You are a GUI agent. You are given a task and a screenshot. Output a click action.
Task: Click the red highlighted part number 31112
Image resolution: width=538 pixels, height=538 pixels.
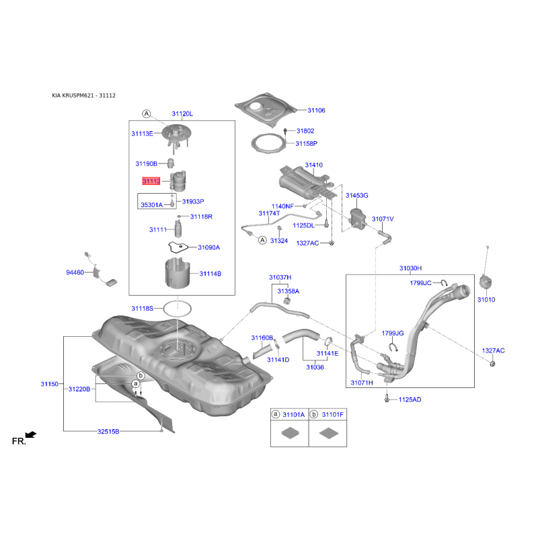click(x=151, y=181)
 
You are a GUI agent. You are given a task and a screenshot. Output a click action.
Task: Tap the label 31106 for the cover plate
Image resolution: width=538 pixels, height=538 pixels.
click(x=316, y=110)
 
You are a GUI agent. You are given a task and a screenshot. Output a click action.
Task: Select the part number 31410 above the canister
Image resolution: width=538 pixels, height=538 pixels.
click(x=313, y=165)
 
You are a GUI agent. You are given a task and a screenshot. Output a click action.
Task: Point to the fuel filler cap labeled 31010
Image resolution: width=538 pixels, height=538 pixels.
click(x=486, y=283)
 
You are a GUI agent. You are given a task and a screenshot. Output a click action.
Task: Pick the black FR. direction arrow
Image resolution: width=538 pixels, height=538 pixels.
click(x=31, y=434)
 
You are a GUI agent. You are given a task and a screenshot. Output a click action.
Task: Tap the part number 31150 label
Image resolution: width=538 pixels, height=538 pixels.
click(x=49, y=384)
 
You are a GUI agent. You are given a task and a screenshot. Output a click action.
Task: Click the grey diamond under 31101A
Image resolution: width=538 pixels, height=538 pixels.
click(x=290, y=433)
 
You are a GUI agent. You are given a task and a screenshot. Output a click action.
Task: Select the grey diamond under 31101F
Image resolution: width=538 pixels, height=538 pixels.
click(x=329, y=433)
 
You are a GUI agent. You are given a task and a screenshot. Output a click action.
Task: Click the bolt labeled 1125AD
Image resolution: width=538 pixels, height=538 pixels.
click(x=387, y=399)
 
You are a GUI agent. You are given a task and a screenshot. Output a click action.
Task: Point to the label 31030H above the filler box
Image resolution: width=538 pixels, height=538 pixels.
click(x=411, y=268)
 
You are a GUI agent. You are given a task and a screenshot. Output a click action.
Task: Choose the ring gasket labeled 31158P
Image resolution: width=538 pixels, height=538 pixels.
click(x=254, y=143)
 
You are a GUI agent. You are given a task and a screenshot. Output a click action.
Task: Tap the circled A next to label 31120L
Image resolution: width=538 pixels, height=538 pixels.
click(x=147, y=114)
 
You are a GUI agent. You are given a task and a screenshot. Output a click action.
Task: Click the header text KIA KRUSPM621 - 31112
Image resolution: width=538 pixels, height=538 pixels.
click(x=83, y=95)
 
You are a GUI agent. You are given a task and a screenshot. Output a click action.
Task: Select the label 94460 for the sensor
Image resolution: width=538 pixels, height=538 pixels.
click(x=75, y=272)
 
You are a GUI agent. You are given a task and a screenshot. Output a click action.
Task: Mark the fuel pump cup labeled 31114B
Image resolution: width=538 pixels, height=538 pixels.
click(x=178, y=274)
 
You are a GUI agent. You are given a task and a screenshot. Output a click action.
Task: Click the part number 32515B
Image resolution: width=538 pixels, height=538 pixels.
click(x=108, y=431)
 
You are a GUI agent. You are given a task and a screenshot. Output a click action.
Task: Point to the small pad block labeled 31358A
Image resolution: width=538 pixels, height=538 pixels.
click(x=287, y=301)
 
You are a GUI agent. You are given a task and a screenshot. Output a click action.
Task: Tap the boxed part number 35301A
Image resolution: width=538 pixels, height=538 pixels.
click(x=152, y=205)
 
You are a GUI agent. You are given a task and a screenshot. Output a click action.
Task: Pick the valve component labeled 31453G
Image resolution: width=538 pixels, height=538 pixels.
click(x=357, y=219)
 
